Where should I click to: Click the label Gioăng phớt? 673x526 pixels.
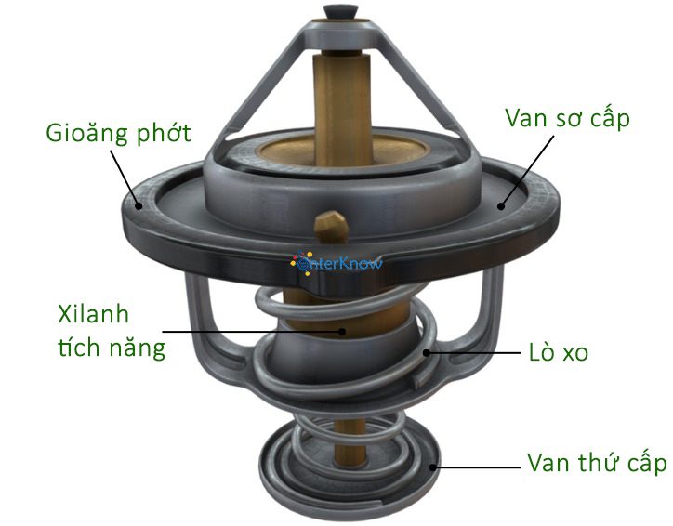[x=119, y=133]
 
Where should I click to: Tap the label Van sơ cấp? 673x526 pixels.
[x=567, y=119]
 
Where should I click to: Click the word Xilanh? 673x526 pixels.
[x=91, y=313]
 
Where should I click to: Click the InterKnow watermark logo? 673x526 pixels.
[x=336, y=264]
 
